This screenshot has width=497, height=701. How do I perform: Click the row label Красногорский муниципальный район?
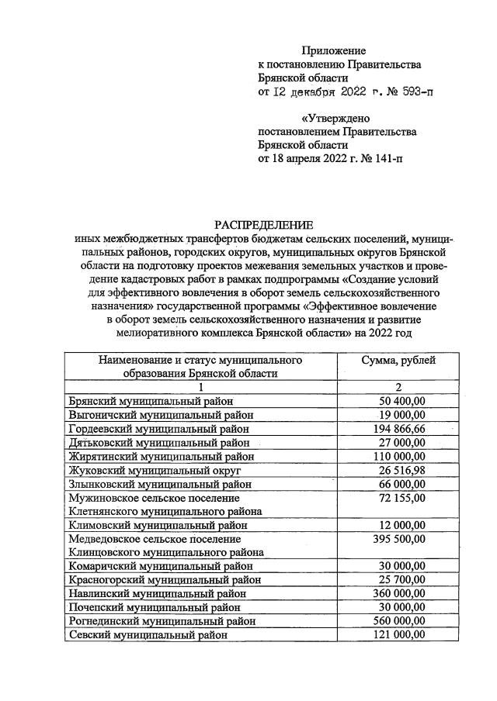[x=164, y=579]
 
